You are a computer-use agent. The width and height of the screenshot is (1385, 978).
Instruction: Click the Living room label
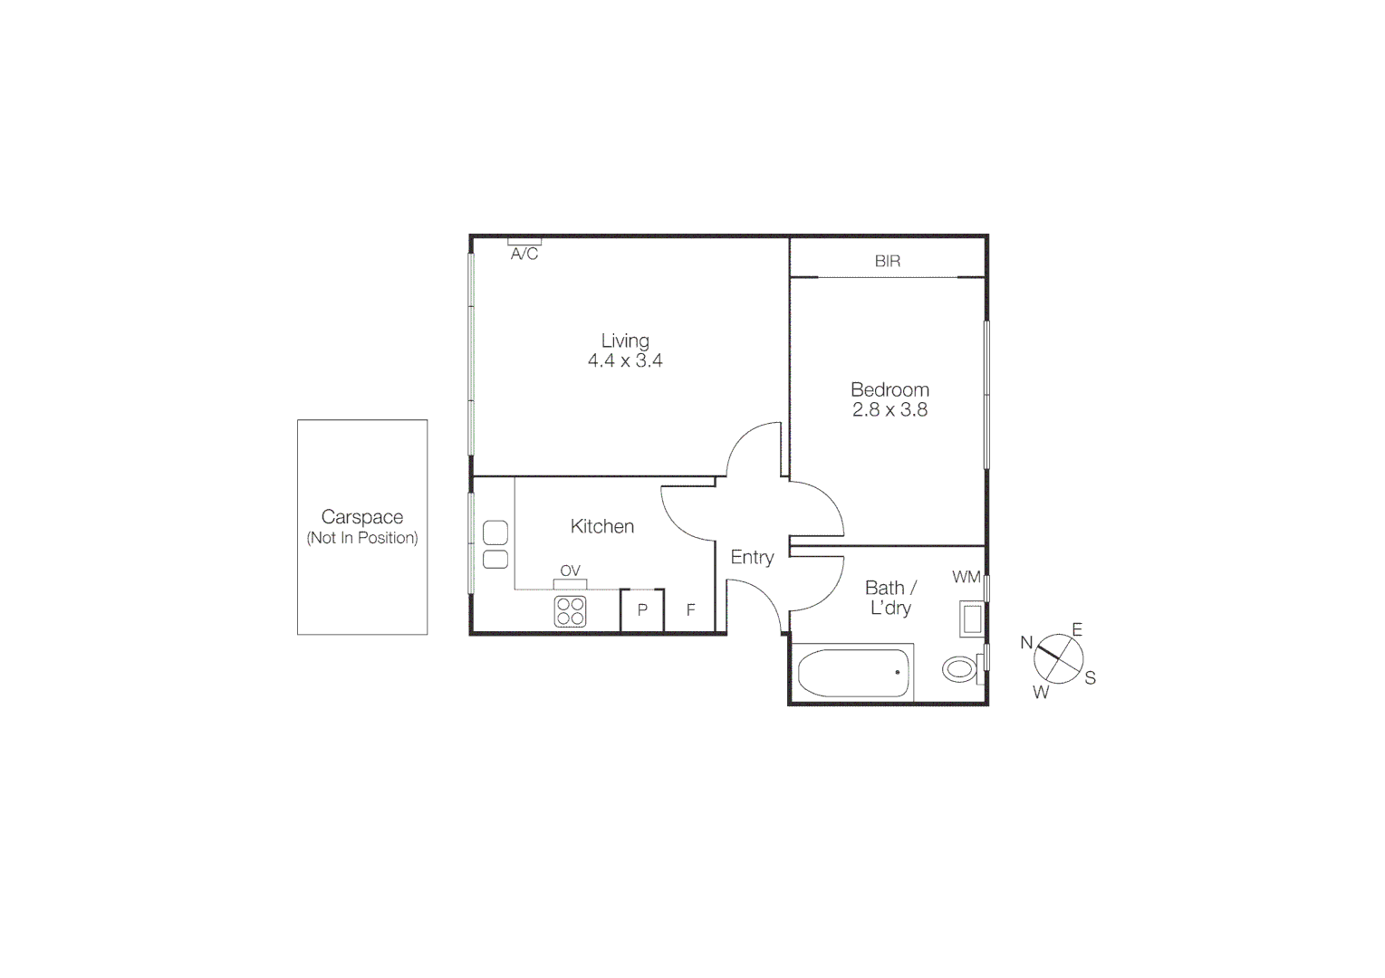tap(625, 340)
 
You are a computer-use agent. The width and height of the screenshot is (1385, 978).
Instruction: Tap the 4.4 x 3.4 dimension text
tap(625, 360)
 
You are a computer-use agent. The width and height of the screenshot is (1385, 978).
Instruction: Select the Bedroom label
tap(890, 389)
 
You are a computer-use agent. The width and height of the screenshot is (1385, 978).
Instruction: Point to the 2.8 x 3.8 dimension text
tap(890, 409)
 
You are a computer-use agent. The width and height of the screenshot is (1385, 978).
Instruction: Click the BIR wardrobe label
tap(888, 261)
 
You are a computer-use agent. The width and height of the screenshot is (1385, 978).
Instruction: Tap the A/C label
tap(524, 254)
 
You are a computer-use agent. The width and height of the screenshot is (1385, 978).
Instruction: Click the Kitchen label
tap(602, 526)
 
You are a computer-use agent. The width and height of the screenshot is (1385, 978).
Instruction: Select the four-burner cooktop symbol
tap(571, 611)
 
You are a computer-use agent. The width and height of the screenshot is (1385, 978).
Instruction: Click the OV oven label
tap(570, 570)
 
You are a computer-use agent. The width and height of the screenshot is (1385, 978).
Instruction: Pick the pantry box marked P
tap(642, 609)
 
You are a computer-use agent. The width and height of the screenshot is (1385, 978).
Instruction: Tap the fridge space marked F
tap(690, 609)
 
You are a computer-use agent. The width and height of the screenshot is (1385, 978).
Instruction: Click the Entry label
tap(752, 557)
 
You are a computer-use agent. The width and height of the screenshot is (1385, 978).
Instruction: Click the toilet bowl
tap(959, 670)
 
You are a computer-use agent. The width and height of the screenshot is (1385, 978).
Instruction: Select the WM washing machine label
tap(966, 577)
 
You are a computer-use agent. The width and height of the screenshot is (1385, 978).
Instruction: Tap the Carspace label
tap(362, 517)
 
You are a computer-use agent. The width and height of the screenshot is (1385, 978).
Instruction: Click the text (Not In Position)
tap(362, 538)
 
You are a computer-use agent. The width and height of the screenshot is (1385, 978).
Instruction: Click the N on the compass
tap(1026, 642)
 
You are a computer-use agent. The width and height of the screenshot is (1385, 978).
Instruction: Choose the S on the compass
tap(1090, 677)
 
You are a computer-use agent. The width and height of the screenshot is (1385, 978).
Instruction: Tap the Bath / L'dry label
tap(890, 598)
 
